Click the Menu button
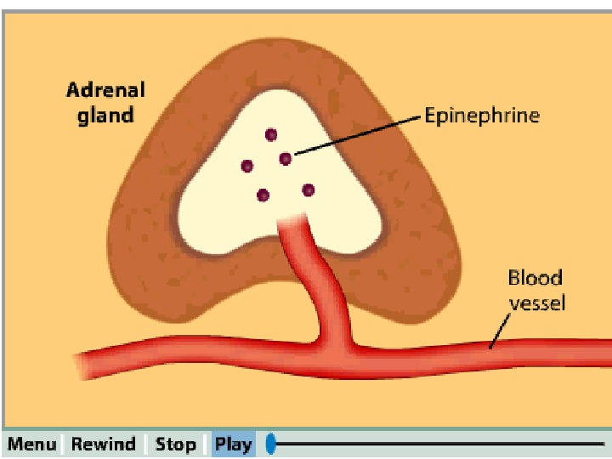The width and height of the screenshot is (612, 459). click(x=31, y=445)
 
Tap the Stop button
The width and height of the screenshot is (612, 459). click(x=175, y=445)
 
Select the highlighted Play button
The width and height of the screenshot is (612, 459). click(x=233, y=445)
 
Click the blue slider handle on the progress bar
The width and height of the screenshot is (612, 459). click(x=271, y=444)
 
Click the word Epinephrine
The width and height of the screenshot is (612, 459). click(x=482, y=116)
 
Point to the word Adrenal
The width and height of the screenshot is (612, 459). click(x=106, y=90)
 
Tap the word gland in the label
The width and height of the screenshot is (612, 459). click(x=106, y=115)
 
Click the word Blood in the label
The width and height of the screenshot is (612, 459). click(x=535, y=278)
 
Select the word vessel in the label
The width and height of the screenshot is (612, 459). click(x=536, y=302)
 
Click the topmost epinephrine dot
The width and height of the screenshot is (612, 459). click(x=271, y=134)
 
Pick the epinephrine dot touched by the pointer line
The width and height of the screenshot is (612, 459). click(x=286, y=159)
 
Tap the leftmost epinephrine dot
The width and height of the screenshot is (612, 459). click(x=247, y=166)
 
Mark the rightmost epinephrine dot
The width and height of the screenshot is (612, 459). click(x=309, y=190)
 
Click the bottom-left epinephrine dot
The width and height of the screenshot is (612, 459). click(x=263, y=195)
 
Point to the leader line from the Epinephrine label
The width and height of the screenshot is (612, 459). click(x=357, y=136)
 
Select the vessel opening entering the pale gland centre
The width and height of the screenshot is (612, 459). click(x=293, y=223)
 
